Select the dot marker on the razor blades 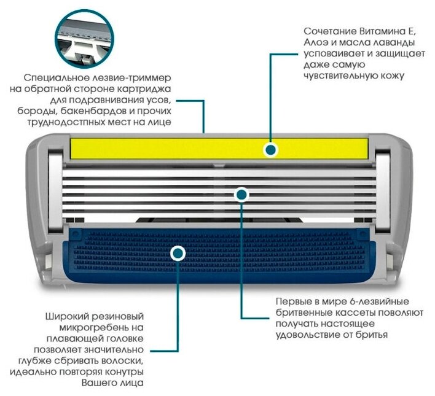pos(241,195)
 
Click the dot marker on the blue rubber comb pos(178,252)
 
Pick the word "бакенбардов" pos(114,112)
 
